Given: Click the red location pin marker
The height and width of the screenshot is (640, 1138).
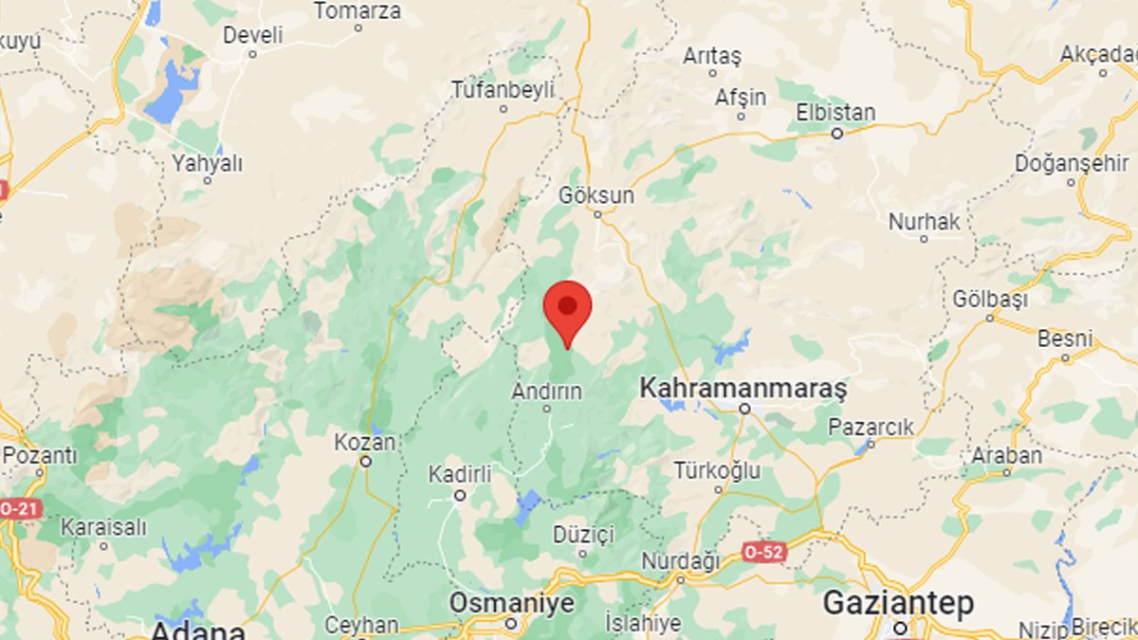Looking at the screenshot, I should [x=567, y=310].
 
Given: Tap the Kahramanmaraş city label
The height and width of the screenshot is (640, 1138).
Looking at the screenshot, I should [x=743, y=388].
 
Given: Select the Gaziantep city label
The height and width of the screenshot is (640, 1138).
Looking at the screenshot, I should [x=898, y=603].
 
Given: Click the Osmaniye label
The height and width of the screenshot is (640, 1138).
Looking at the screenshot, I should [x=511, y=603].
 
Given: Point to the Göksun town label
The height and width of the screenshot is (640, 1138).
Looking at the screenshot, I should [x=597, y=194].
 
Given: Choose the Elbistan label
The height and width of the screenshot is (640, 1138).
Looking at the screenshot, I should [x=835, y=113].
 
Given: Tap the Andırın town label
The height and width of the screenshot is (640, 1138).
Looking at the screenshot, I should [x=547, y=390].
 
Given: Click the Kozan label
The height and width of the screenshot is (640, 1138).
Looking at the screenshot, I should [x=365, y=442].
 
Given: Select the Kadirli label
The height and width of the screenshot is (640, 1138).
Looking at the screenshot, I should [x=460, y=474].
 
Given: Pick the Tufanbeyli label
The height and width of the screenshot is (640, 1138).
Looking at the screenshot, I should [x=503, y=89].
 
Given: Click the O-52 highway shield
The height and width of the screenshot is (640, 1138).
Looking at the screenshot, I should [x=764, y=552].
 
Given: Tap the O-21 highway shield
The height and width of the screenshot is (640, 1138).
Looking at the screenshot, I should [x=19, y=509].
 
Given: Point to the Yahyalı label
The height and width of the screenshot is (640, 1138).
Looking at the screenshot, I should [x=207, y=163].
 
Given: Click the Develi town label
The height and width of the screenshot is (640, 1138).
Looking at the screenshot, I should [x=252, y=35].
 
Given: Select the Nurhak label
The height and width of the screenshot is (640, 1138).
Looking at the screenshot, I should [x=924, y=221].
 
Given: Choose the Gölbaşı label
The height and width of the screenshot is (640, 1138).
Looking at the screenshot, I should [x=990, y=298].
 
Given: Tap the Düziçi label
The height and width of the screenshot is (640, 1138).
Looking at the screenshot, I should [x=583, y=534].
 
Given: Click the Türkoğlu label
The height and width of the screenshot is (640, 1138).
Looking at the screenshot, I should [x=717, y=469].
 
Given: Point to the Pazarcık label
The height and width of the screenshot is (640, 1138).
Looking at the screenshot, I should [x=872, y=427].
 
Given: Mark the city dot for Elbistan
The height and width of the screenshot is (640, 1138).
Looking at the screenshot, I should [x=837, y=134].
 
